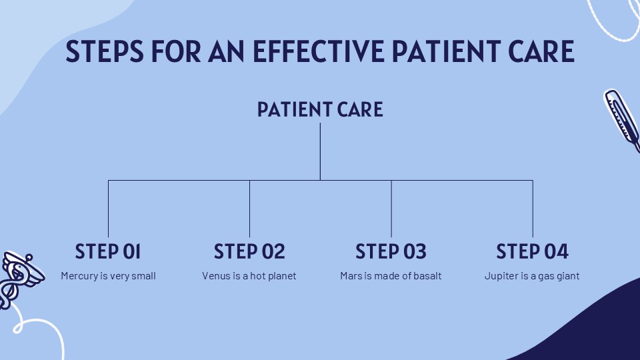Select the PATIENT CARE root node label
point(320,109)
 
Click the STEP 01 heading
point(108,251)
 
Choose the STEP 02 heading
point(249,251)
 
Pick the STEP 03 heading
point(391,251)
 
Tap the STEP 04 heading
point(532,251)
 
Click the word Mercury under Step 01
point(79,275)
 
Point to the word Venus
point(215,275)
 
